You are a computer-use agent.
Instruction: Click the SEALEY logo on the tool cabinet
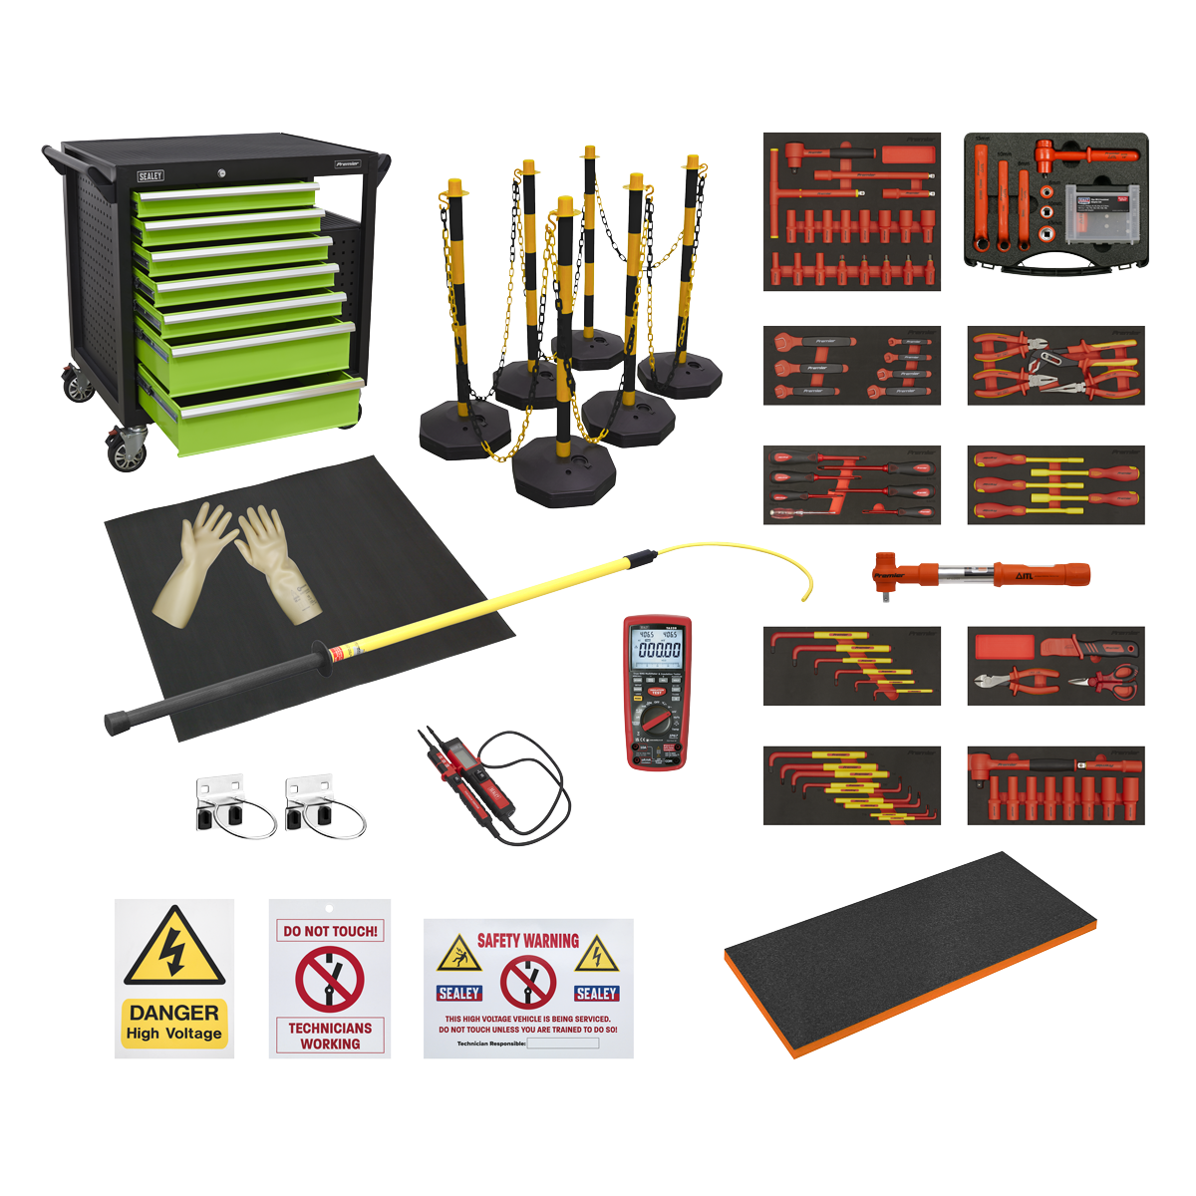[x=150, y=176]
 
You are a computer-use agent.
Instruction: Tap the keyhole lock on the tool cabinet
[x=221, y=173]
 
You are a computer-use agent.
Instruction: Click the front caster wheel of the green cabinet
[x=128, y=453]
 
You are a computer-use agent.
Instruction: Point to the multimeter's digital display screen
[x=659, y=648]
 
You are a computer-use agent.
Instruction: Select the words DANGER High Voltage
[x=174, y=1023]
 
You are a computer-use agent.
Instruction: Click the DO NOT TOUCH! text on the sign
[x=330, y=932]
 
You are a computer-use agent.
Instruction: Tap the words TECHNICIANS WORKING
[x=330, y=1036]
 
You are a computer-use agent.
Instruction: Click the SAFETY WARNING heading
[x=527, y=940]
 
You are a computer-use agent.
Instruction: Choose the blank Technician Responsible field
[x=562, y=1044]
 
